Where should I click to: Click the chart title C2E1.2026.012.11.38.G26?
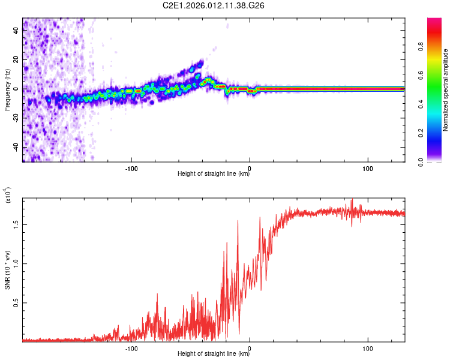[213, 7]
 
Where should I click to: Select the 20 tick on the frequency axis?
[16, 60]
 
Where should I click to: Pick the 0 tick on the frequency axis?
[18, 89]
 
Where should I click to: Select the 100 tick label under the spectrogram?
[368, 168]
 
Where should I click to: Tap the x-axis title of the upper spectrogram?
[213, 174]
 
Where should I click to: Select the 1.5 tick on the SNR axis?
[16, 224]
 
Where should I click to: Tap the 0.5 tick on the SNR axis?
[16, 304]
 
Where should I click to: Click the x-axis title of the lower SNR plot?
[213, 354]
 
